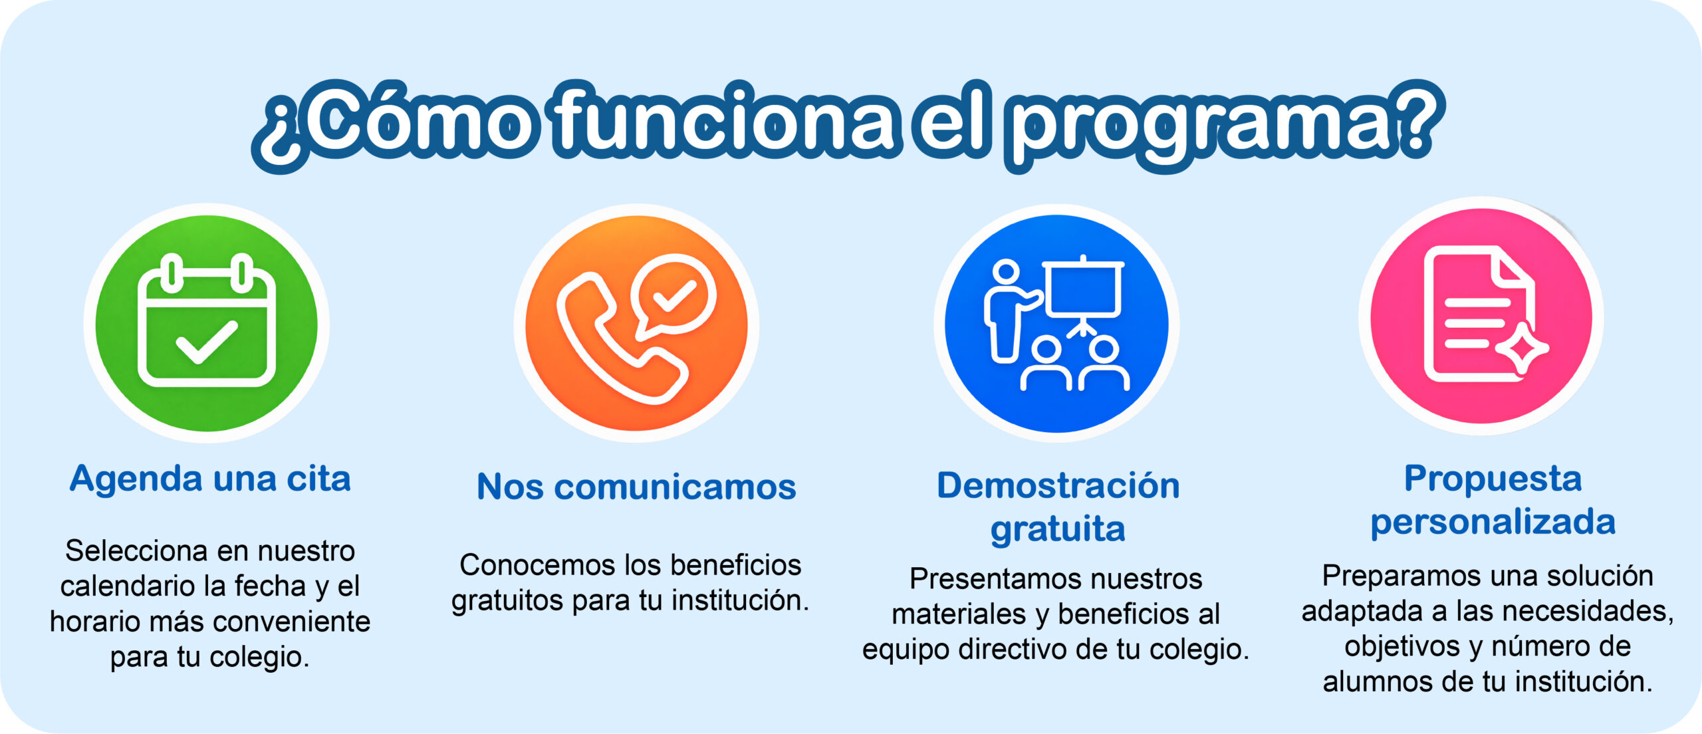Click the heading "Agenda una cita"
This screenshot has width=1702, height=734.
(210, 479)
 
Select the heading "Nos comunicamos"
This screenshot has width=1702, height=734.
(636, 487)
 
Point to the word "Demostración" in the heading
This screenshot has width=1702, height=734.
(1058, 485)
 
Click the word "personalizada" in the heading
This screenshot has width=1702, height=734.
(1493, 521)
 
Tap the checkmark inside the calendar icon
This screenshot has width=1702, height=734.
(207, 342)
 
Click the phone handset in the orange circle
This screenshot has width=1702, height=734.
(618, 339)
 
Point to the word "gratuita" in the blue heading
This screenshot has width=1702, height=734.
(1058, 529)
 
